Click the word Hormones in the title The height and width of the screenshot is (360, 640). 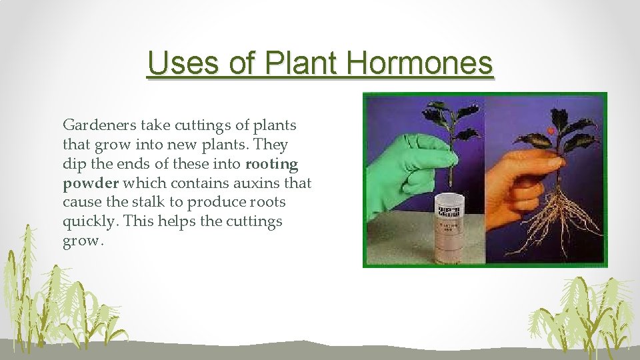point(419,64)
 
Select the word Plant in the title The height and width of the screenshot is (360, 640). point(295,64)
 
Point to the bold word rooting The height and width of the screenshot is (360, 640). point(272,163)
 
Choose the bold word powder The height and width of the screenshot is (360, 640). point(90,183)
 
